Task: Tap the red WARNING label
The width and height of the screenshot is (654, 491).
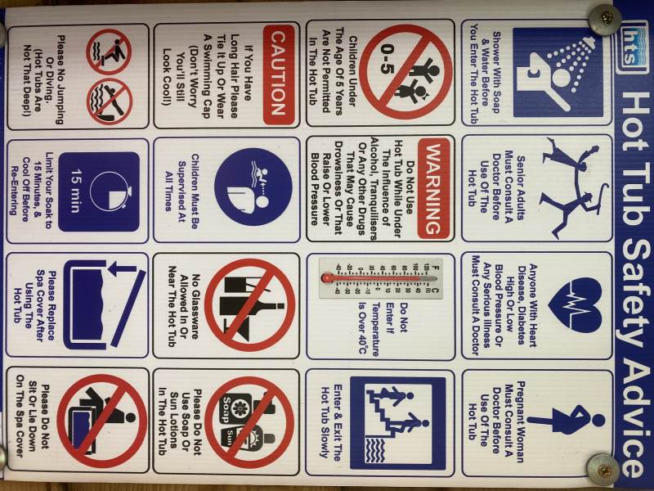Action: point(434,189)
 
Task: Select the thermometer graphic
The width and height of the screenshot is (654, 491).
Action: point(380,277)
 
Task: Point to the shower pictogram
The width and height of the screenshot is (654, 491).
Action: point(558,72)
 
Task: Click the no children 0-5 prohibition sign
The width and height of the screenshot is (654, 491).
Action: point(405,72)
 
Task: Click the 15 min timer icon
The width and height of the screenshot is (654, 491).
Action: point(99,191)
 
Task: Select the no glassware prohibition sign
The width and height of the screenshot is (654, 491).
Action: point(249,305)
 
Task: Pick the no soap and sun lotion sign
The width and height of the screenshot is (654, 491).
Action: point(249,421)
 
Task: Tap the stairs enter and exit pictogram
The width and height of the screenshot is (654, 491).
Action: point(398,423)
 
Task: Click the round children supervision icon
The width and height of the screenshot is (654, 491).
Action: point(253,187)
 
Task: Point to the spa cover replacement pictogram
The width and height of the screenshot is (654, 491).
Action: point(105,305)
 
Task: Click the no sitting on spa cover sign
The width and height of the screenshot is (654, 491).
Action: point(102,420)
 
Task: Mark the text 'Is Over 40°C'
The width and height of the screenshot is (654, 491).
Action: point(362,327)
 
